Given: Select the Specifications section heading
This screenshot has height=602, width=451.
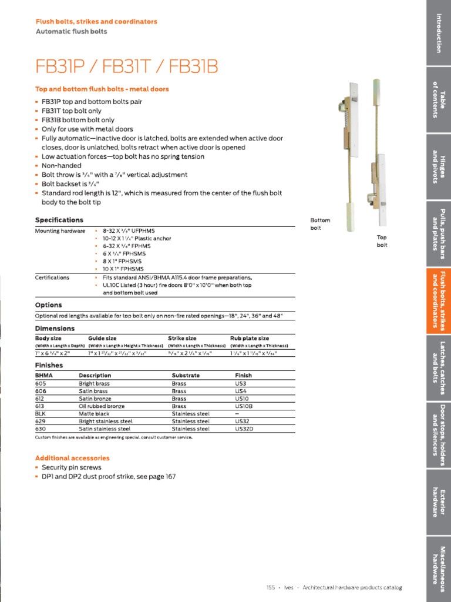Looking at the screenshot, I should [59, 220].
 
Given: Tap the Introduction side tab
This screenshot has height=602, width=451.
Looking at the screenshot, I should [437, 32].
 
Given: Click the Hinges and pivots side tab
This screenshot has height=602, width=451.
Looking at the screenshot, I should [437, 166].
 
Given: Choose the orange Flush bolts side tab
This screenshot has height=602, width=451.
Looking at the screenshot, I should [437, 301].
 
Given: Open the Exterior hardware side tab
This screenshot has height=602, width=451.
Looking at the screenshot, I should [437, 502].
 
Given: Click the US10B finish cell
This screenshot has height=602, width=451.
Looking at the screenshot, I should [245, 406].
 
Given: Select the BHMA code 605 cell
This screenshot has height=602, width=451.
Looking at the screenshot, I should [41, 383].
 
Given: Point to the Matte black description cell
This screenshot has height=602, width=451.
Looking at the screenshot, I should [94, 414].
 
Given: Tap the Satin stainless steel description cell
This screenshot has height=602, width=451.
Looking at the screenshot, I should [105, 429].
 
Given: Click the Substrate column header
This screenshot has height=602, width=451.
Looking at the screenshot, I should [186, 375].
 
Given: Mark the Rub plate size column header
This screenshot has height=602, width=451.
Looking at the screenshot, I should [250, 339].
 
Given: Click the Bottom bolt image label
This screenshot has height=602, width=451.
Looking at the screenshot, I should [320, 223].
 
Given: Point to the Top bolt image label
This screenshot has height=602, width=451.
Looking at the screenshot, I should [382, 241].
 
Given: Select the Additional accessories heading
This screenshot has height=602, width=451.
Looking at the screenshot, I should [72, 458].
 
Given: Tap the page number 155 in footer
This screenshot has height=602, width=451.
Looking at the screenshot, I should [270, 588].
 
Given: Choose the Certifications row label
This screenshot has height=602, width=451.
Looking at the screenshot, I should [52, 277].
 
